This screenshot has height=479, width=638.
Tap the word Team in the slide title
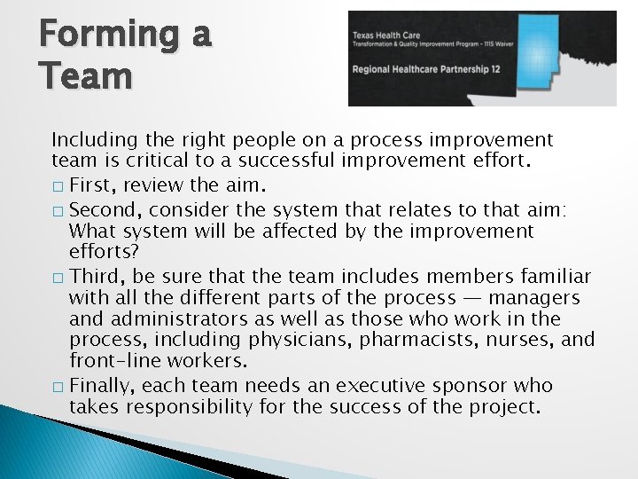85,75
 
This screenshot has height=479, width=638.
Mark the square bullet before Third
58,275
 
